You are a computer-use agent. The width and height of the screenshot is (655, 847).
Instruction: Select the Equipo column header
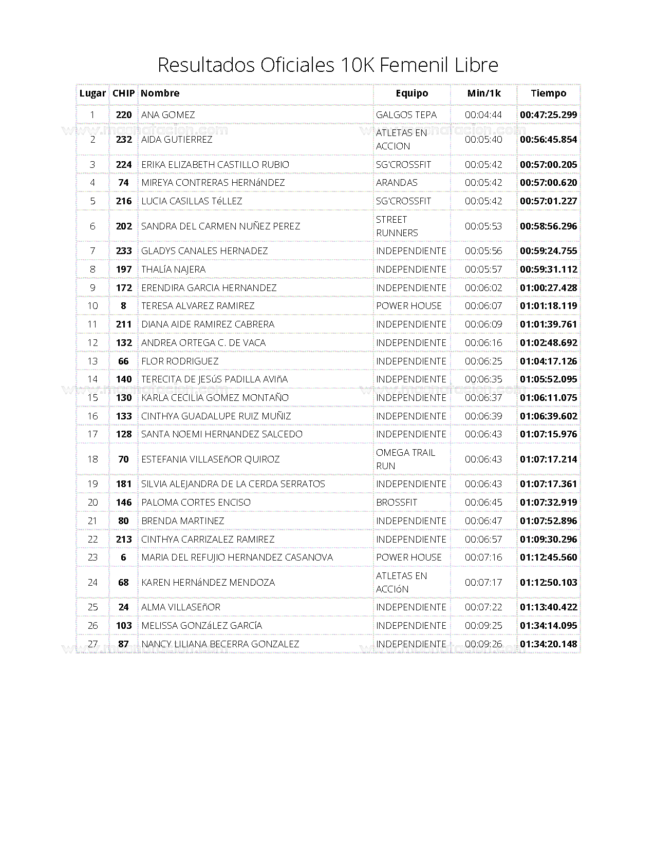point(411,93)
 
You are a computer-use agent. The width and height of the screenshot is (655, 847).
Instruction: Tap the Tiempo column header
point(548,93)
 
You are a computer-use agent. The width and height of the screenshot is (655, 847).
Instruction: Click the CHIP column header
point(123,93)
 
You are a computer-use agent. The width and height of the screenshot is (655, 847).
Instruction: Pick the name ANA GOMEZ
point(168,115)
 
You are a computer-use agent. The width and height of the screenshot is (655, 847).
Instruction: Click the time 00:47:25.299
point(548,115)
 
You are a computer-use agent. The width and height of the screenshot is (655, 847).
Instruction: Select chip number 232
point(124,140)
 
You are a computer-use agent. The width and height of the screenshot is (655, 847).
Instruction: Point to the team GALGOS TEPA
point(406,115)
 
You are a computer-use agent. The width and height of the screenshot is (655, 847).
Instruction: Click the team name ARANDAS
point(397,183)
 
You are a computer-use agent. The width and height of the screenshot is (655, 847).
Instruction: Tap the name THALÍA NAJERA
point(173,269)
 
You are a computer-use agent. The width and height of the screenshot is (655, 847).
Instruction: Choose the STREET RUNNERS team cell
point(397,226)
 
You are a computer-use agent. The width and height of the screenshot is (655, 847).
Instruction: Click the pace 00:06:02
point(483,288)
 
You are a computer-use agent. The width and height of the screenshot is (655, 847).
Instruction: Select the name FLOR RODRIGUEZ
point(180,361)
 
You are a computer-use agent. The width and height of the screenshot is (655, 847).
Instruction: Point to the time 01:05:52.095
point(548,379)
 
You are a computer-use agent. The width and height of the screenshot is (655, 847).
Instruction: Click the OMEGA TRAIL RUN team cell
point(405,459)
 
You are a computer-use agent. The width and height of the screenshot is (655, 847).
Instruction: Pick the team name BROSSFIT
point(397,503)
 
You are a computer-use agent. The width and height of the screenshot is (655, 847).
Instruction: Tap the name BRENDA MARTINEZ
point(182,521)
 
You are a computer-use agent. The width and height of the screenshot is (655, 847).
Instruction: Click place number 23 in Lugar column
point(92,557)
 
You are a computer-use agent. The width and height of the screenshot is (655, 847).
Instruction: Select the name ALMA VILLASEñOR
point(181,607)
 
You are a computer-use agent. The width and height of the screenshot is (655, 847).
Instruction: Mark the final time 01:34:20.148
point(548,644)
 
